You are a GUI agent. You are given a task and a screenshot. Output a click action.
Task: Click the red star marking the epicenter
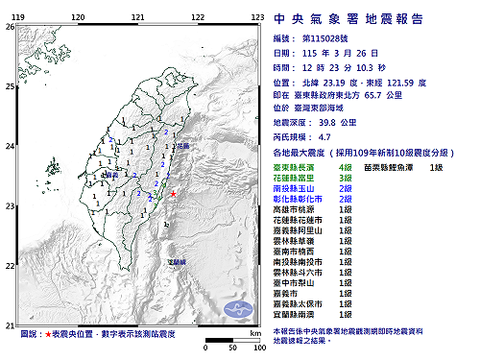(173, 195)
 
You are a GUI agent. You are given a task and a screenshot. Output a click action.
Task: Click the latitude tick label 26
(9, 27)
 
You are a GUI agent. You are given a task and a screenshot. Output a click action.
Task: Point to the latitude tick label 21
(9, 324)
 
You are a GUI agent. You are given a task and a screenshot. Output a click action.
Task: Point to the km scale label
(254, 331)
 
